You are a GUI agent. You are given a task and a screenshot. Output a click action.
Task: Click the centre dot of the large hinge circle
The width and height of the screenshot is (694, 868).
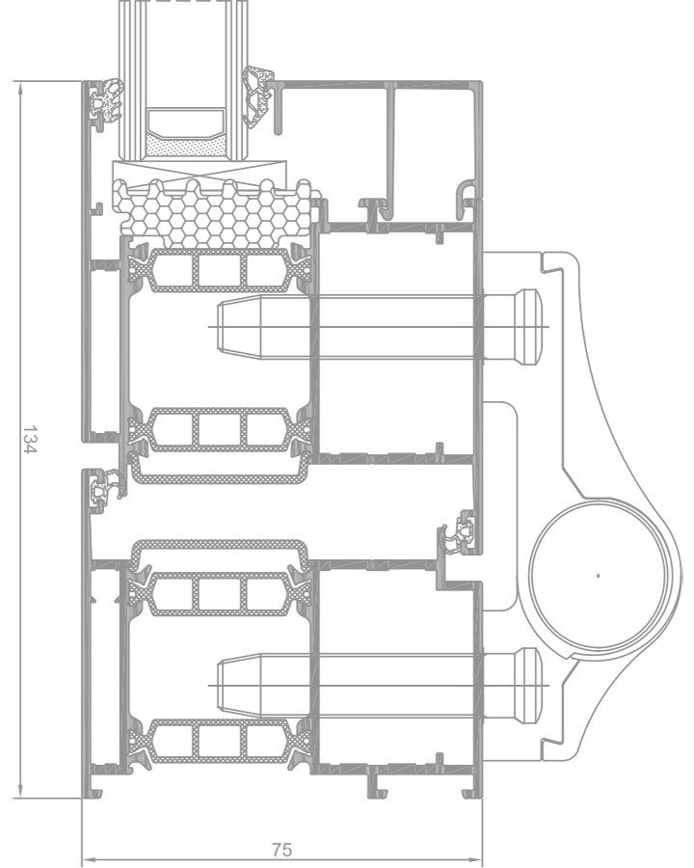click(599, 576)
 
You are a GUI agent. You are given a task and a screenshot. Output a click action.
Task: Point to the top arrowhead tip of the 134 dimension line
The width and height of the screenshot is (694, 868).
click(20, 82)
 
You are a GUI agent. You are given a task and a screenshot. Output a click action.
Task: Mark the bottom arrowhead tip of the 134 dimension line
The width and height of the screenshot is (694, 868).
click(20, 798)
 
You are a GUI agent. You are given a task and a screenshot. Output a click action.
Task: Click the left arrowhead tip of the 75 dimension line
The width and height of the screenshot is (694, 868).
click(83, 860)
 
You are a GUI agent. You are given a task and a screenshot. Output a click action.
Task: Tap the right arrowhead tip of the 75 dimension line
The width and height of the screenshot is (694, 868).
click(482, 860)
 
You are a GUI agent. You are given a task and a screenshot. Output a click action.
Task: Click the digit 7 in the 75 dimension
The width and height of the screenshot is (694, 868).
click(278, 849)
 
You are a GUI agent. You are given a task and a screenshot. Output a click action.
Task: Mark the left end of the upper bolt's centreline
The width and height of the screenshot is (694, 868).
click(208, 327)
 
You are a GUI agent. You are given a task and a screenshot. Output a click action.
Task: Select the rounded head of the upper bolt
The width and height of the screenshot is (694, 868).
click(528, 327)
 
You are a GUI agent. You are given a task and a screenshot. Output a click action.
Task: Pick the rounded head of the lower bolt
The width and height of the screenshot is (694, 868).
click(528, 686)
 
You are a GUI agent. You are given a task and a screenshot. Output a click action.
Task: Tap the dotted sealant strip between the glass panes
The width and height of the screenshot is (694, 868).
click(185, 148)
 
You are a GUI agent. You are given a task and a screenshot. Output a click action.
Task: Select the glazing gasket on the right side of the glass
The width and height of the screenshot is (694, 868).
click(256, 97)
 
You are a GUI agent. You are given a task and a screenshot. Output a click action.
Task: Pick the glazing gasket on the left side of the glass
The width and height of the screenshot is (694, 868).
click(106, 100)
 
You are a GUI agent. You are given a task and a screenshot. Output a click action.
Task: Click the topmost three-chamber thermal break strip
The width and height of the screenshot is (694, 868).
click(219, 271)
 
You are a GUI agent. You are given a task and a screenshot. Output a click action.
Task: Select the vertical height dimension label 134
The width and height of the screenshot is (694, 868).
click(29, 439)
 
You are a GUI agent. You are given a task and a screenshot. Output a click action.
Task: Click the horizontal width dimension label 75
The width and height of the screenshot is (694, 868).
click(282, 849)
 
